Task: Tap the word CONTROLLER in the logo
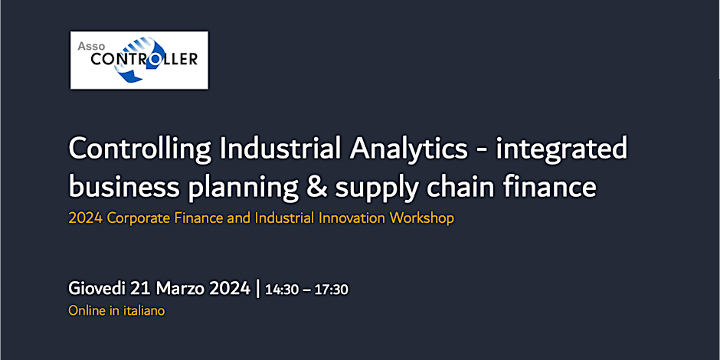[x=144, y=59]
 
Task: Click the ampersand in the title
[x=316, y=188]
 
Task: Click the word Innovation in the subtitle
[x=354, y=218]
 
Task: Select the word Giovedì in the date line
[x=97, y=289]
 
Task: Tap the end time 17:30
[x=332, y=290]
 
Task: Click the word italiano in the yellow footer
[x=145, y=311]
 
